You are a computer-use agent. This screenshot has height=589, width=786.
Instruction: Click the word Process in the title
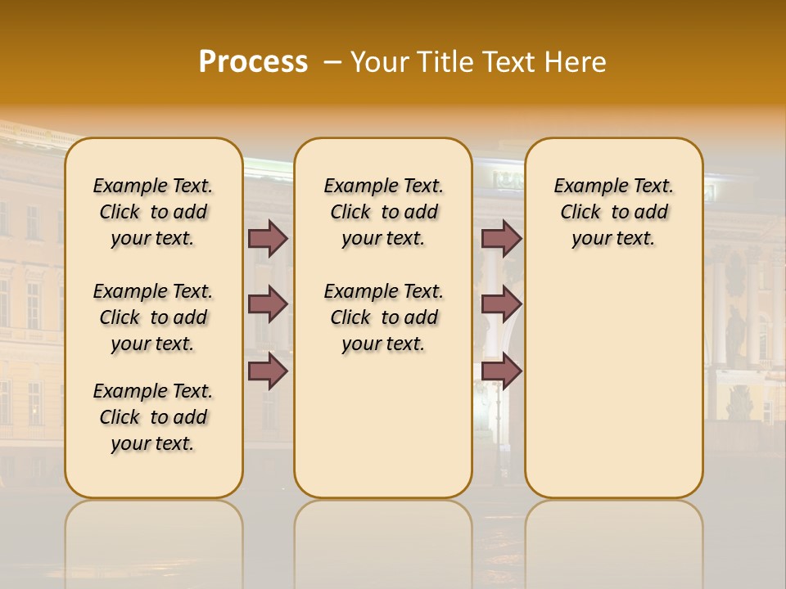point(253,62)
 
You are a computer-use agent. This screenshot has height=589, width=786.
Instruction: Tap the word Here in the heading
point(576,62)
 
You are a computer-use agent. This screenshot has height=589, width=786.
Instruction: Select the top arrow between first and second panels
point(268,238)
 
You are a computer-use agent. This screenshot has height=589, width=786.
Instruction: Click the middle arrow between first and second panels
point(268,304)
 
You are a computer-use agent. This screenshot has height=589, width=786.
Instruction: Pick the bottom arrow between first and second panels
point(268,371)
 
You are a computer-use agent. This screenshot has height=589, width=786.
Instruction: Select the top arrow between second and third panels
point(501,238)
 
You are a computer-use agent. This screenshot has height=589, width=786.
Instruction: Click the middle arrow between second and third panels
point(501,304)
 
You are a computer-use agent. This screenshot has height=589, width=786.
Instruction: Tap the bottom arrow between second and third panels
point(501,371)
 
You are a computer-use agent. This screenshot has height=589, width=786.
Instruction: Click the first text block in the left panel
point(153,212)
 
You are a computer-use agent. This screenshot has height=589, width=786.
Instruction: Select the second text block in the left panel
point(153,317)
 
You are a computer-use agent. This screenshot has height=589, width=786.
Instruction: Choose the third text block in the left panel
point(153,417)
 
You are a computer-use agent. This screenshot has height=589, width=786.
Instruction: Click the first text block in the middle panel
point(384,212)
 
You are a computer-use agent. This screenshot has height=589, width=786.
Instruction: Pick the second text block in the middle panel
point(384,317)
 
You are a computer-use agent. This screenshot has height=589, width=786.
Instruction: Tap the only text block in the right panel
point(614,212)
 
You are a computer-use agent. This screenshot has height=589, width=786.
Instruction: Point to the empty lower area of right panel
point(614,384)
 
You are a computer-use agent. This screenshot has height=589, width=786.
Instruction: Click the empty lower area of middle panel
point(383,425)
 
